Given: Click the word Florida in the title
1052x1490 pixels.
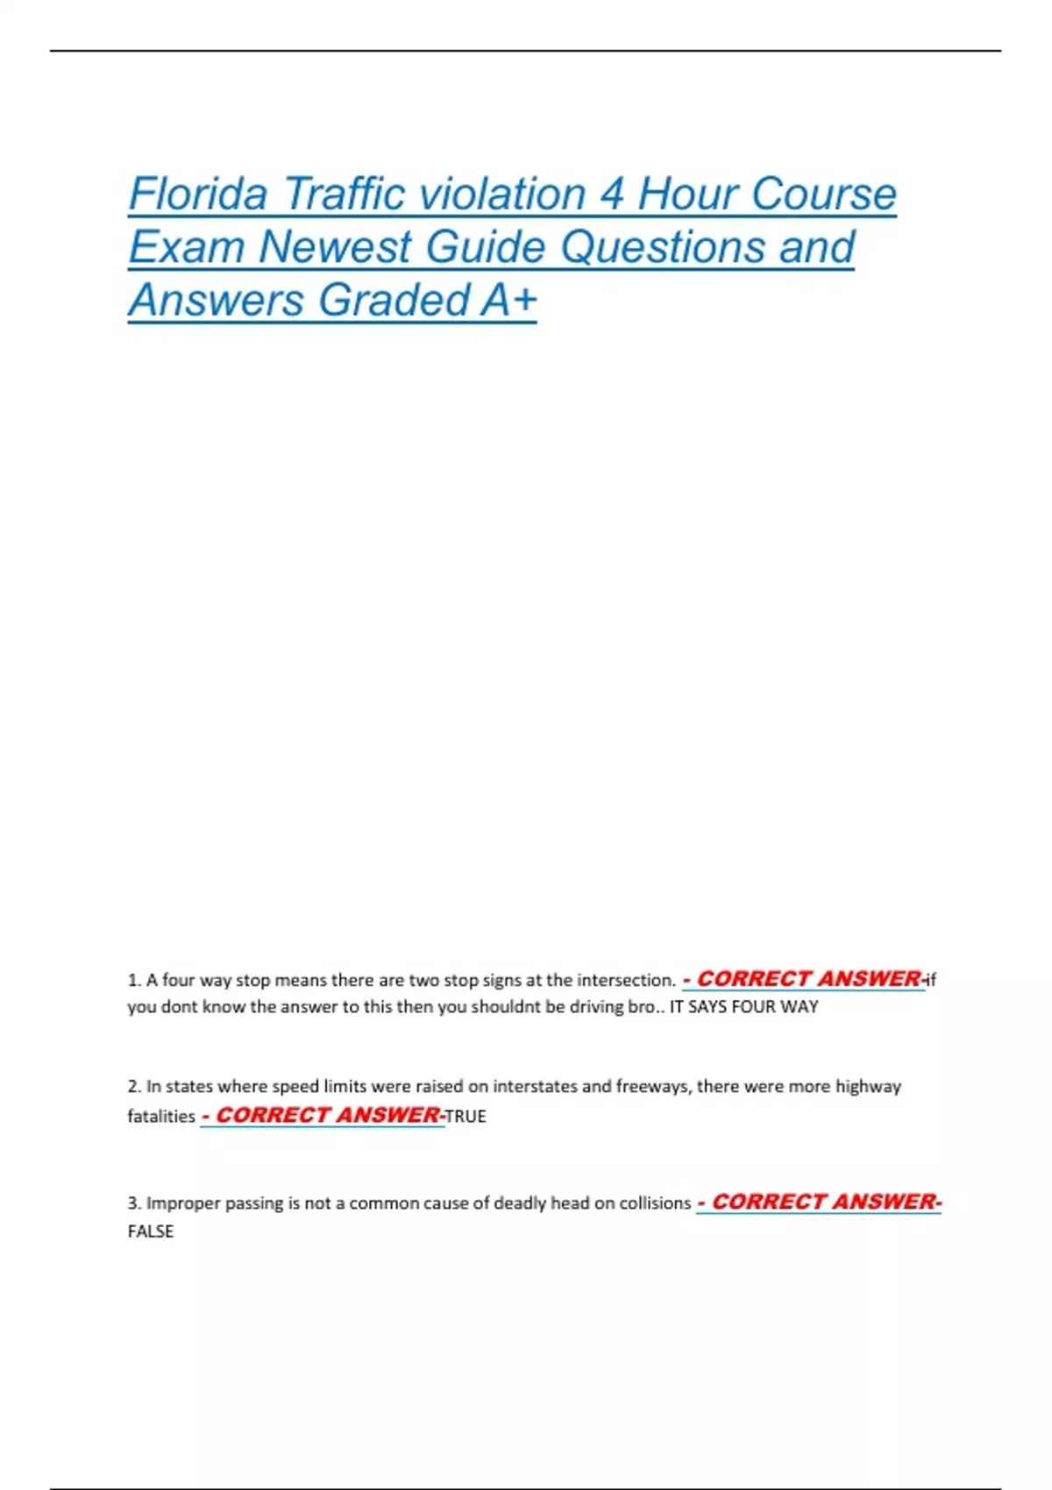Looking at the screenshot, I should point(197,194).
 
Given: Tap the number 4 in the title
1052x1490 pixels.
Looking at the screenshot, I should point(611,194).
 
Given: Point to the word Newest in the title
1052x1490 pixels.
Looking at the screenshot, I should point(334,247).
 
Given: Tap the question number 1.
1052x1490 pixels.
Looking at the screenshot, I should point(133,980).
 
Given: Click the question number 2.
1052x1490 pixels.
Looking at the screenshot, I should point(133,1087).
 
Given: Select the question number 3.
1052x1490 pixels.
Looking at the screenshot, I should point(133,1203).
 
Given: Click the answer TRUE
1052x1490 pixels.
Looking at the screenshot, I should point(466,1117).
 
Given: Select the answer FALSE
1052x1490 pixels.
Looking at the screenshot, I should point(151,1231).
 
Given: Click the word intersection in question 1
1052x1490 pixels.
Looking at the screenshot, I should point(625,980).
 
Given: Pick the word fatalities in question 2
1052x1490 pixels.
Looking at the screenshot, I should point(161,1117).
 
